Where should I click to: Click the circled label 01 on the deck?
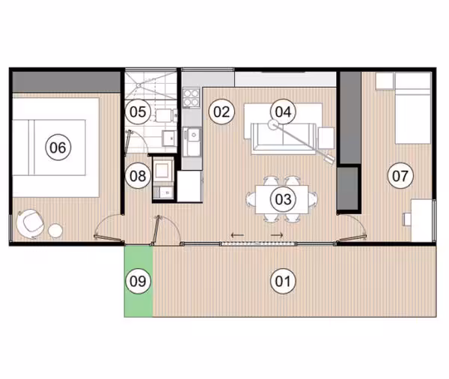tap(283, 281)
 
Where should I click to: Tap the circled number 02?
tap(222, 112)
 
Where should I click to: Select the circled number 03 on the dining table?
tap(283, 199)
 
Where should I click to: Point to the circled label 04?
tap(283, 112)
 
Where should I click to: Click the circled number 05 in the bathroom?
tap(138, 112)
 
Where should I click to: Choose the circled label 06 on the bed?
tap(58, 147)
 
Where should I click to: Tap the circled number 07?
tap(400, 175)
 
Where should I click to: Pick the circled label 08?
tap(138, 175)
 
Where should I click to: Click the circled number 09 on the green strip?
tap(138, 281)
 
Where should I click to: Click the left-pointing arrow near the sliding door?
tap(237, 235)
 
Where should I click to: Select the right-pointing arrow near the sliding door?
tap(277, 235)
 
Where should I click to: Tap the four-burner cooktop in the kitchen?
tap(192, 98)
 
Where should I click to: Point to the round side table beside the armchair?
tap(55, 231)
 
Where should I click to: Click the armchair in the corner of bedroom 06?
tap(30, 224)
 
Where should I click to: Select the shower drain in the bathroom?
tap(138, 85)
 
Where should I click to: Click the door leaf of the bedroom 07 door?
tap(352, 238)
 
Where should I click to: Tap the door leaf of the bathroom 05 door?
tap(128, 142)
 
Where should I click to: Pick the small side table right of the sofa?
tap(326, 138)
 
